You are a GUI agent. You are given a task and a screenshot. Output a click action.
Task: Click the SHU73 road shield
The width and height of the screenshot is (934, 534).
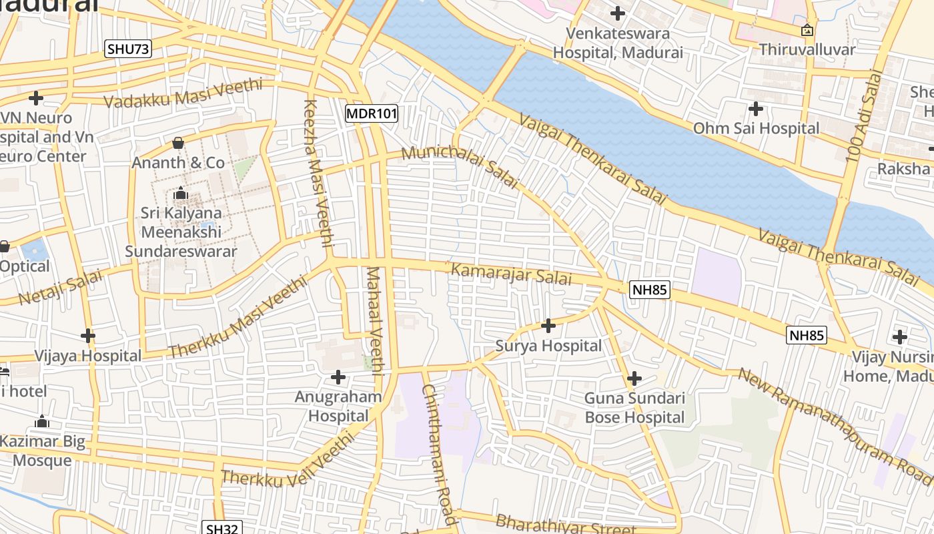coord(128,49)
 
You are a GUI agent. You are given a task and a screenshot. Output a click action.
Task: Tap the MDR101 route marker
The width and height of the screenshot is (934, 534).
coord(372,113)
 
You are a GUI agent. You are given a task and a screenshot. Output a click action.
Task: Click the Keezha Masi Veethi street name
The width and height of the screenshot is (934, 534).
coord(318,174)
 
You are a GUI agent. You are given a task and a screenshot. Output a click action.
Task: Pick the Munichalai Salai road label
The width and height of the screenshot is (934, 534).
coord(460,166)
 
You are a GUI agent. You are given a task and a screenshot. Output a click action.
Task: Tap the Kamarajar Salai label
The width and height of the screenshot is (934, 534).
coord(512,274)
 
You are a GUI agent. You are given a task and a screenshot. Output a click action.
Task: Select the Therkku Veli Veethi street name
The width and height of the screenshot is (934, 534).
coord(288,461)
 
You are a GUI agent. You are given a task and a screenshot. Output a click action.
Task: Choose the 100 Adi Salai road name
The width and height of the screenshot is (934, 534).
coord(863,116)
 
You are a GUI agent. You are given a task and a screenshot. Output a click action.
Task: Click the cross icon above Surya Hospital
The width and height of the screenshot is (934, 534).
coord(548,326)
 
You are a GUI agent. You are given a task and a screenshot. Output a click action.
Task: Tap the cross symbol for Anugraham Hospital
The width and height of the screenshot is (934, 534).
coord(338,377)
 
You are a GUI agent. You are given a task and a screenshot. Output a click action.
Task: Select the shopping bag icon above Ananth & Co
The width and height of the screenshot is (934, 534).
coord(178,142)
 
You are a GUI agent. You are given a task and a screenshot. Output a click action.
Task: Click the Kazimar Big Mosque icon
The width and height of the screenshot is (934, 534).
coord(42,421)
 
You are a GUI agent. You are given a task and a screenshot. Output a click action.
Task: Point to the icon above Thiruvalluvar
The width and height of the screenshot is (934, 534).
coord(807,30)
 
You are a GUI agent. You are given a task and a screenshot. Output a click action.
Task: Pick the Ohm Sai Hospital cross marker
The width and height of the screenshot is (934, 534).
coord(756,108)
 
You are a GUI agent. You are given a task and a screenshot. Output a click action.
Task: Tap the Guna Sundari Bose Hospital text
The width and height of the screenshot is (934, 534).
coord(634,408)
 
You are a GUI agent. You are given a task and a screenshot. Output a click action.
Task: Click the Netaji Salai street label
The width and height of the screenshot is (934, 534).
coord(61,287)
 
